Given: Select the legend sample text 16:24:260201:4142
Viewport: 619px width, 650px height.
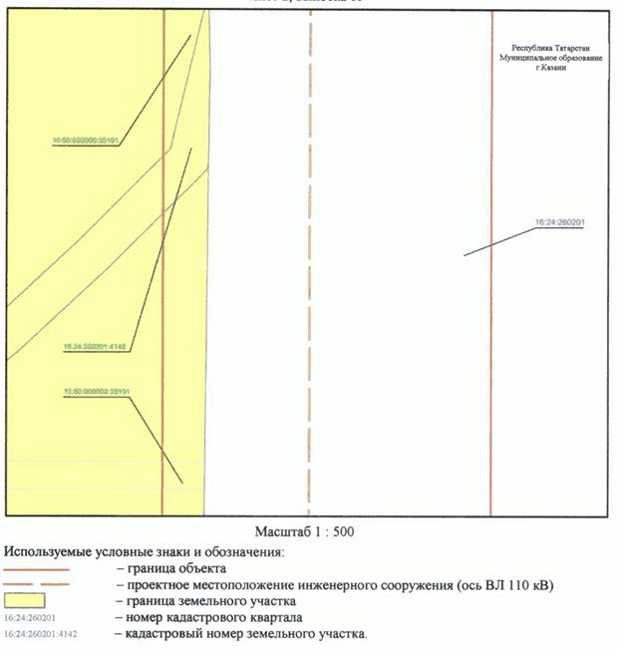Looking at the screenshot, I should click(x=41, y=633).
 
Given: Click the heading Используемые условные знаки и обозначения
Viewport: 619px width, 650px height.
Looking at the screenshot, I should click(x=145, y=550).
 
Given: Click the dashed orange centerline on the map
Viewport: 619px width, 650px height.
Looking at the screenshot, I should click(x=310, y=299).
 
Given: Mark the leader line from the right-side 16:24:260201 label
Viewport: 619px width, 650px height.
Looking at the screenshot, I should click(x=498, y=242).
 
